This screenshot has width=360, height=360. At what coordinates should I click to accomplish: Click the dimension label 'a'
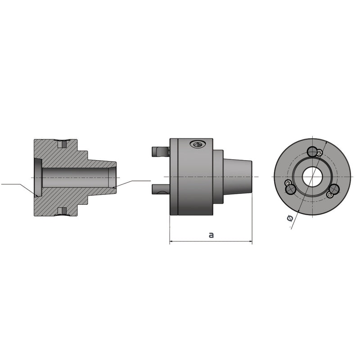(211, 235)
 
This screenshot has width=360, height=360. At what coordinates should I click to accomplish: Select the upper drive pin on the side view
(161, 151)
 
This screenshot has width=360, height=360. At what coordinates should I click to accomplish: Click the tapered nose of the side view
(237, 176)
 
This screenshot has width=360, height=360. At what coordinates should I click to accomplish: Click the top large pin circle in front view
(311, 151)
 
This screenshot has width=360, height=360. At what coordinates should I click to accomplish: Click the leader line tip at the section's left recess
(36, 196)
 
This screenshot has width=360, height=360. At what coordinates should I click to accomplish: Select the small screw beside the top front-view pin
(319, 153)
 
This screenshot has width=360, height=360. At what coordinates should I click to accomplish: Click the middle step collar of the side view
(218, 176)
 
